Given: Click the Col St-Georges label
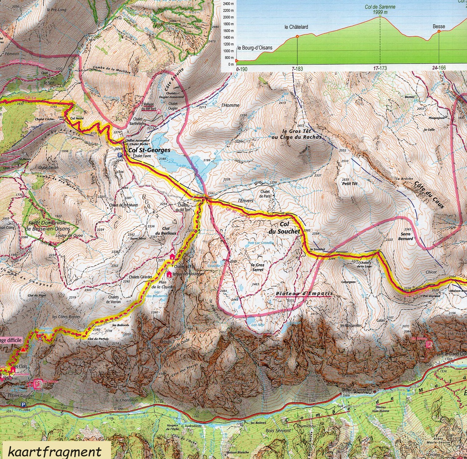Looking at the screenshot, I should pyautogui.click(x=149, y=150).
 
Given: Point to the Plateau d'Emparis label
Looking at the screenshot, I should pyautogui.click(x=304, y=294).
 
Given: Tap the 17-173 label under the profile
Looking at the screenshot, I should pyautogui.click(x=380, y=68).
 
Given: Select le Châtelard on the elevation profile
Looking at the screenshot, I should pyautogui.click(x=296, y=27).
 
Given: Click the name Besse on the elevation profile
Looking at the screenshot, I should pyautogui.click(x=439, y=26).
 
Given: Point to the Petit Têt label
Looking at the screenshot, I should pyautogui.click(x=350, y=183).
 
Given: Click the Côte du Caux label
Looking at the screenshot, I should pyautogui.click(x=429, y=195).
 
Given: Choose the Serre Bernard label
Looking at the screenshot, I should pyautogui.click(x=405, y=236).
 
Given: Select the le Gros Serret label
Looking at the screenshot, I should pyautogui.click(x=257, y=267).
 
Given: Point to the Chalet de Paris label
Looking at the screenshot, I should pyautogui.click(x=265, y=194).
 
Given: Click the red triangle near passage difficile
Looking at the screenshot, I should pyautogui.click(x=24, y=350).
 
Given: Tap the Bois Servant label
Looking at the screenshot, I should pyautogui.click(x=278, y=430).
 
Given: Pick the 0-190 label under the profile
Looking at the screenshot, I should pyautogui.click(x=242, y=69).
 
